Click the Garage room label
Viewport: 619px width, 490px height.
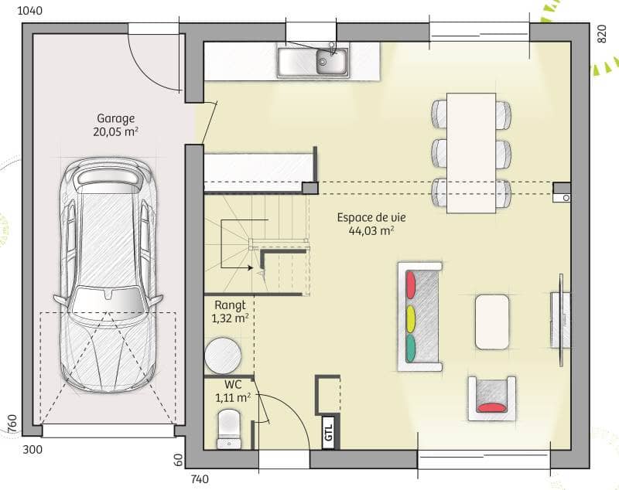pyautogui.click(x=116, y=118)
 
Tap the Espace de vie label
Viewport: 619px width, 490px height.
pyautogui.click(x=371, y=217)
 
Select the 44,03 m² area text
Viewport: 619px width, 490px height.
pyautogui.click(x=371, y=230)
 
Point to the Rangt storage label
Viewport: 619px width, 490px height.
pyautogui.click(x=230, y=305)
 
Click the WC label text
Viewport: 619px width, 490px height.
pyautogui.click(x=234, y=384)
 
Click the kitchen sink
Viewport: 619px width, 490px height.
pyautogui.click(x=313, y=62)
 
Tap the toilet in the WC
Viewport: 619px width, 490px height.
pyautogui.click(x=229, y=427)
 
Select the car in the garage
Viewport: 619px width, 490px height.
pyautogui.click(x=108, y=274)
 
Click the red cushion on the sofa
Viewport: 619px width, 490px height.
pyautogui.click(x=411, y=282)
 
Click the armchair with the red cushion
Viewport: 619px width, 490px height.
pyautogui.click(x=491, y=398)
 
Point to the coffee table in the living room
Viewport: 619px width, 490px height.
pyautogui.click(x=492, y=321)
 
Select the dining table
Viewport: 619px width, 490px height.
pyautogui.click(x=471, y=152)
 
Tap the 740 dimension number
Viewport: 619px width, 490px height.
pyautogui.click(x=199, y=479)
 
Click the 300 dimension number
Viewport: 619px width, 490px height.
pyautogui.click(x=32, y=449)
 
